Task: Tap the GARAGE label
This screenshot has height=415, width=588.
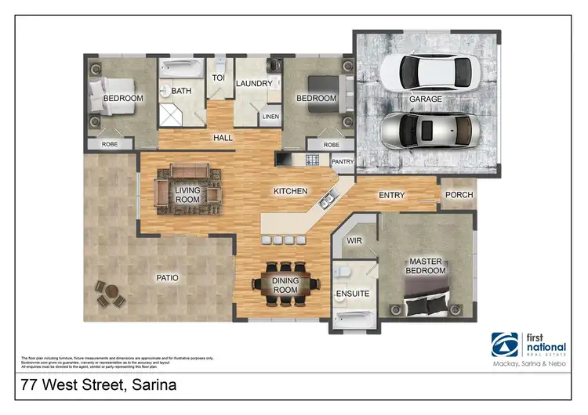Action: coord(426,100)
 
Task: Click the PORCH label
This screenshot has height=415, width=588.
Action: coord(456,196)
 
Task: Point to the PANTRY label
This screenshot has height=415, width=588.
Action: coord(343,162)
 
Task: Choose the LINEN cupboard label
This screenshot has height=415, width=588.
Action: coord(270,117)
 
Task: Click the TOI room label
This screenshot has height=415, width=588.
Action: coord(219,78)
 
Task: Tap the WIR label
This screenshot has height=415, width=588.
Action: coord(354,241)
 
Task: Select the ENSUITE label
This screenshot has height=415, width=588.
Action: coord(352,294)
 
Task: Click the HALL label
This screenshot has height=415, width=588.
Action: coord(223,138)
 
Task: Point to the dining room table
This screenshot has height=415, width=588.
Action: coord(285,282)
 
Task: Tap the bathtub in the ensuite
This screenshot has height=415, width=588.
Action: coord(353,319)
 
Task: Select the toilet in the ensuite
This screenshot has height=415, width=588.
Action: coord(342,271)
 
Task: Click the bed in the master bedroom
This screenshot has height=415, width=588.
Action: coord(430,296)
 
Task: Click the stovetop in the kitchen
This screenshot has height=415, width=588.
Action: coord(312,160)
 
